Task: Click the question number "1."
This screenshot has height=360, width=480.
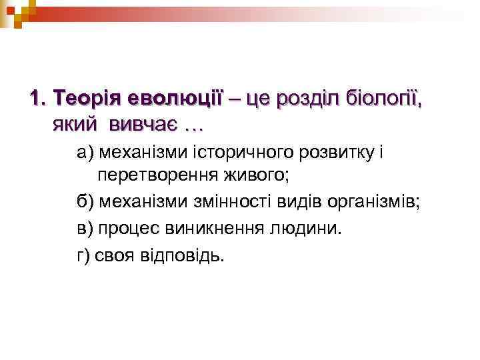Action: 39,99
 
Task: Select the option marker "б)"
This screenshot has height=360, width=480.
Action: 86,202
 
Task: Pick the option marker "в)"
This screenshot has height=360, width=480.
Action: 85,228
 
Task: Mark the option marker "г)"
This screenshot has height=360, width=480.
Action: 84,254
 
